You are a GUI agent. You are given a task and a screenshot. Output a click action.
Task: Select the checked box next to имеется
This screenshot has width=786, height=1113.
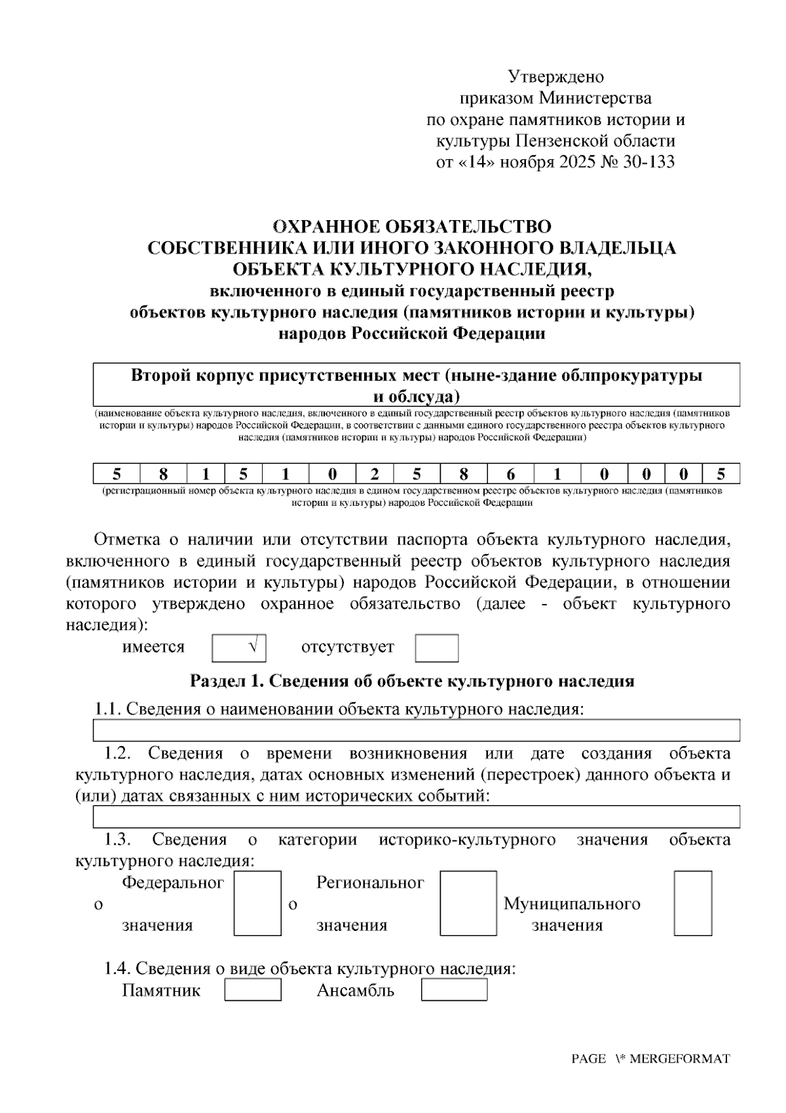(239, 648)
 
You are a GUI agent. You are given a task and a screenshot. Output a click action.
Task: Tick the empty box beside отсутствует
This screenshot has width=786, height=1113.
(436, 648)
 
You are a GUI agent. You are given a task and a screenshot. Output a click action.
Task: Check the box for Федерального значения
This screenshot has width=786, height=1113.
(257, 903)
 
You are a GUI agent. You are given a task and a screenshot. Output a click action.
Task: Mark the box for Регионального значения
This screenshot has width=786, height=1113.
(468, 903)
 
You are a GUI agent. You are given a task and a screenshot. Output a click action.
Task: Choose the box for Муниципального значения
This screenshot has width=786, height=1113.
(692, 903)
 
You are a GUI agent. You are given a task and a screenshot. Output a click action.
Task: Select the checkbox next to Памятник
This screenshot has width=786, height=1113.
(253, 989)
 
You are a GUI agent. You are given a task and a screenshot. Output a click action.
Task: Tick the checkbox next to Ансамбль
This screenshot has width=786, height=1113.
(454, 989)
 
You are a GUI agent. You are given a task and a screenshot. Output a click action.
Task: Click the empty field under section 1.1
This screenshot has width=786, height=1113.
(417, 730)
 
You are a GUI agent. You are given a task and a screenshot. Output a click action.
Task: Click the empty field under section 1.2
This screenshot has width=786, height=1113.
(417, 817)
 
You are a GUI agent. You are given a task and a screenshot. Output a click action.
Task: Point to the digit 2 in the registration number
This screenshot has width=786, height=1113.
(375, 474)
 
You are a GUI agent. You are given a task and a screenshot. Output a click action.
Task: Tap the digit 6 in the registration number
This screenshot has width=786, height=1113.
(510, 474)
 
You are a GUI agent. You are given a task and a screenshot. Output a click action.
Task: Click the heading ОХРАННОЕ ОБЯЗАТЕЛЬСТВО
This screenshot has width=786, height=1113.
(412, 227)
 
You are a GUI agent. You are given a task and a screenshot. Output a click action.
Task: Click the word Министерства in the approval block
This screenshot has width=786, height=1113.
(595, 99)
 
